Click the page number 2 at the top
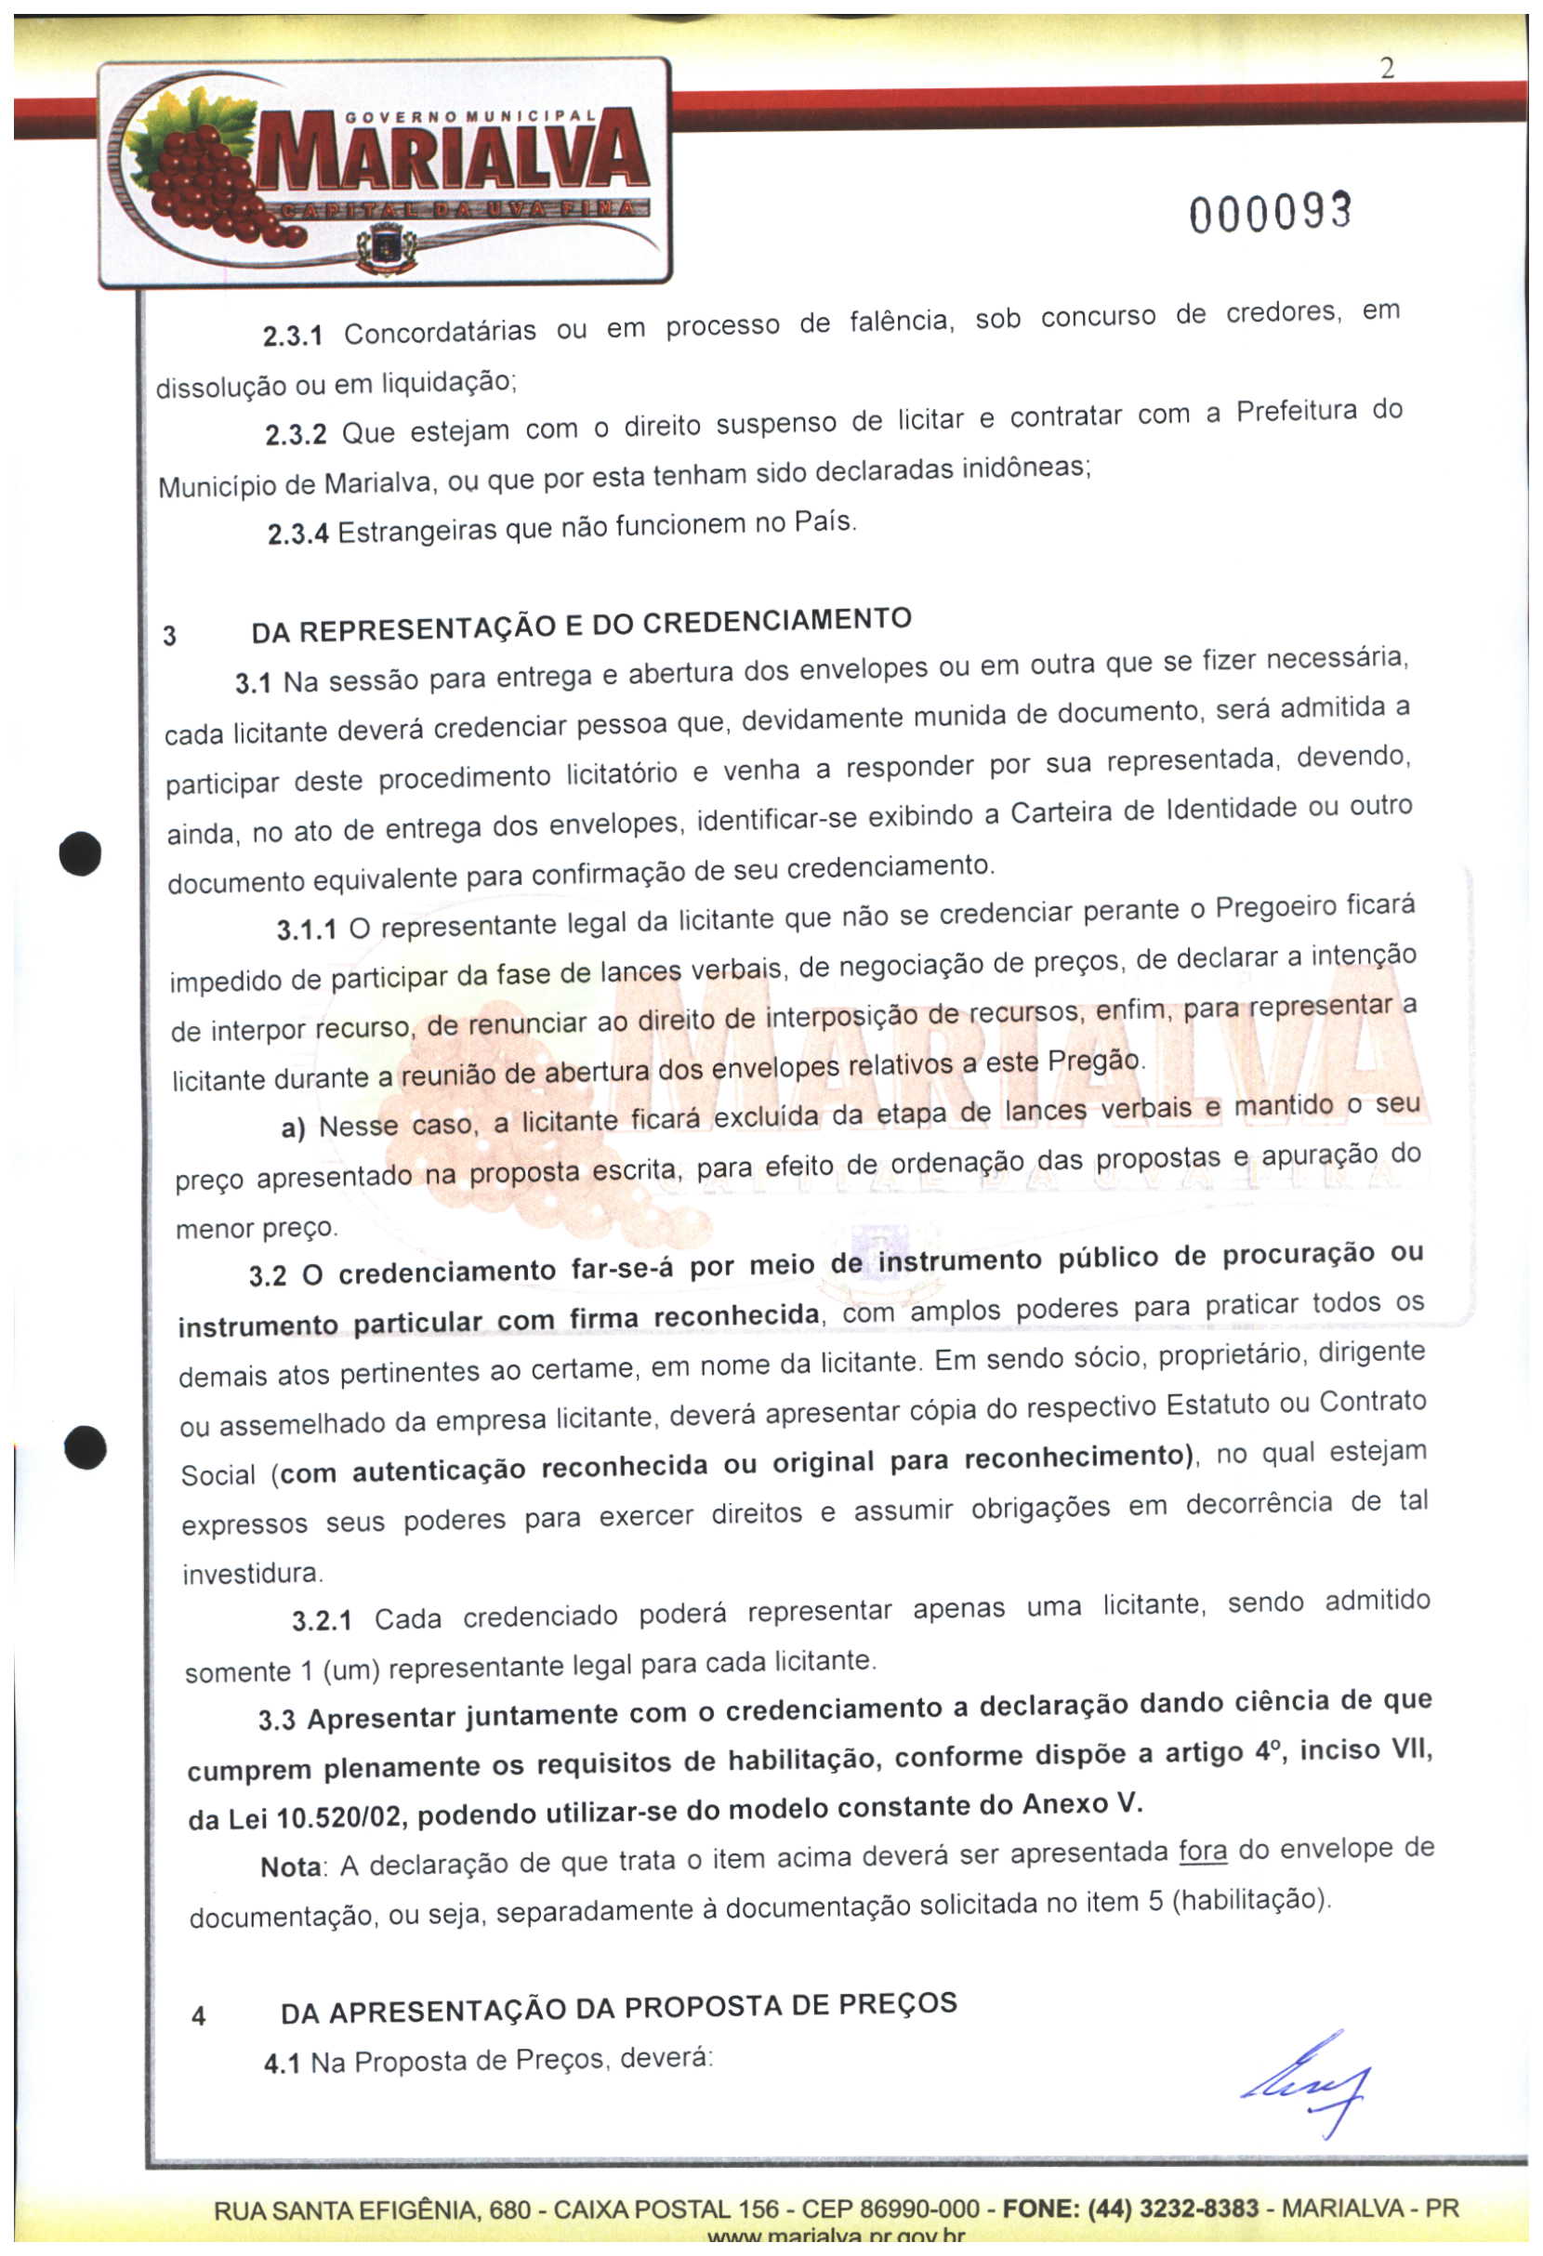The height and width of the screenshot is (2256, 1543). point(1387,69)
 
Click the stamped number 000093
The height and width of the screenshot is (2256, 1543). point(1270,213)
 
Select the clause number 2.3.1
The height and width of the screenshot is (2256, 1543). point(292,336)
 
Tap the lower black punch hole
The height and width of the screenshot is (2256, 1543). point(86,1447)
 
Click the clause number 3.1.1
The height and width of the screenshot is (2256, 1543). point(306,930)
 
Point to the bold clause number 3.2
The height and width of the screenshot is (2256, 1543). point(267,1274)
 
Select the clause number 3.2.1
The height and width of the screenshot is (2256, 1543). point(322,1620)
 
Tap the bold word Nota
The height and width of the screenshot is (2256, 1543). point(291,1867)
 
